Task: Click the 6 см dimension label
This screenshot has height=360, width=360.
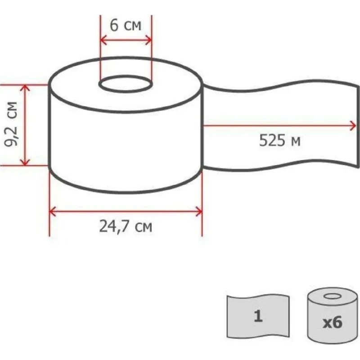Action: pos(126,25)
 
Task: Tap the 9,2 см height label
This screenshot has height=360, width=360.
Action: pos(11,124)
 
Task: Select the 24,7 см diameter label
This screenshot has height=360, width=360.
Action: pos(126,227)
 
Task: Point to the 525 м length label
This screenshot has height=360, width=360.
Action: pos(279,140)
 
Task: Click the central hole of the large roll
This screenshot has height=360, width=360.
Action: pos(126,84)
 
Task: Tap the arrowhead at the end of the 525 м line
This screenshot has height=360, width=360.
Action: pos(352,126)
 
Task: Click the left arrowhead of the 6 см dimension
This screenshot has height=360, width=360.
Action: pos(103,40)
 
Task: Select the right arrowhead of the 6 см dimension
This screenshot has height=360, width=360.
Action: pos(149,40)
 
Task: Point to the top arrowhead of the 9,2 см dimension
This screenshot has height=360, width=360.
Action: pos(25,88)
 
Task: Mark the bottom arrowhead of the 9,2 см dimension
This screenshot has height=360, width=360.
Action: pos(25,162)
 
